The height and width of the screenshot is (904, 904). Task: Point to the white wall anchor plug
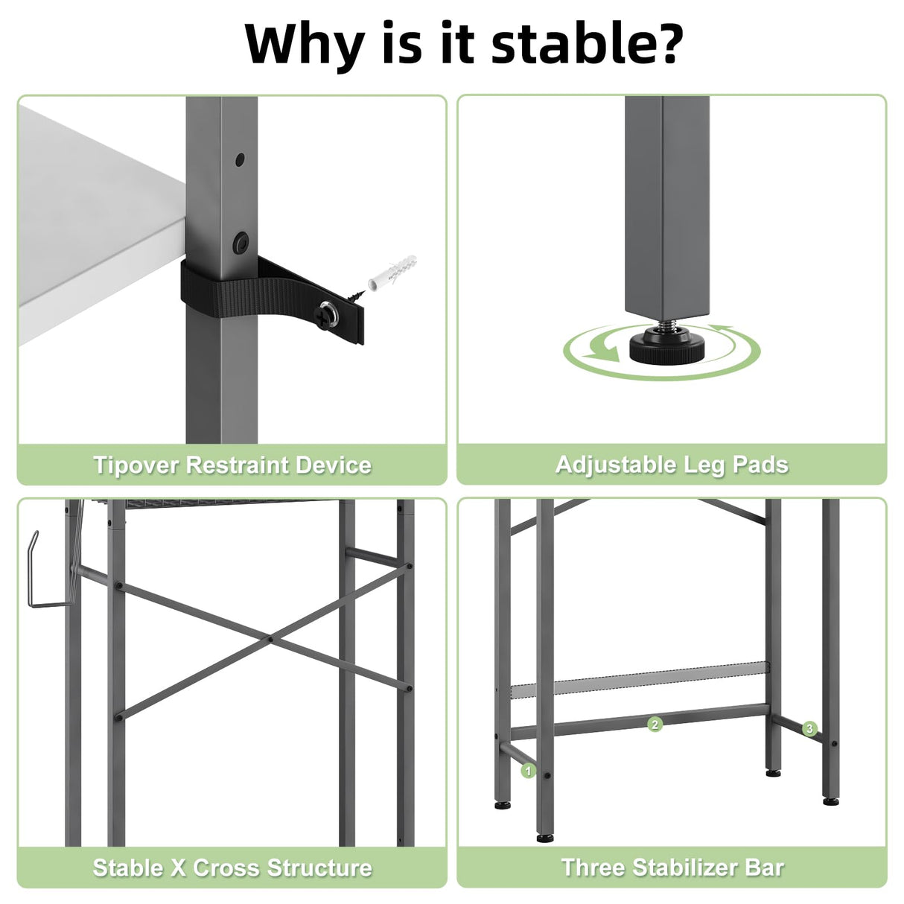pos(392,272)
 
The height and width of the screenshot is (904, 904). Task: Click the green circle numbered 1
pos(529,771)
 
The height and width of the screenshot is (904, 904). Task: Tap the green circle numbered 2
pos(655,724)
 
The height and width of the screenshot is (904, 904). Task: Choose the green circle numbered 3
pos(809,728)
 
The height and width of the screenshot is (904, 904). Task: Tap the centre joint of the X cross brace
pos(270,638)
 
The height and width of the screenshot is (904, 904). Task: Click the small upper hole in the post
pos(241,159)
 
